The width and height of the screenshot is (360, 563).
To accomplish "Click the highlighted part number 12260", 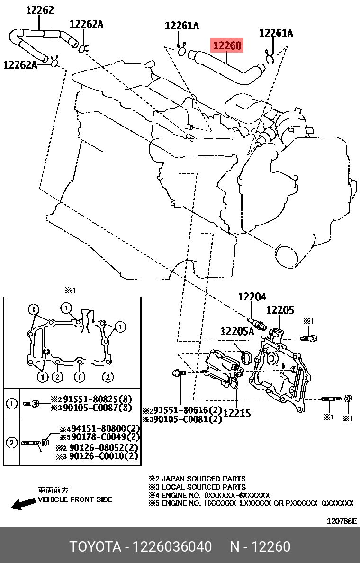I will click(x=227, y=46).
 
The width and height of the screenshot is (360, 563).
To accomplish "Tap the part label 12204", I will click(x=252, y=297).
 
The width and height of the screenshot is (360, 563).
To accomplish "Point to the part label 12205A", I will click(x=237, y=331).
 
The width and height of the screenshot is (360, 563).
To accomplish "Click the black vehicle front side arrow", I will click(x=22, y=504).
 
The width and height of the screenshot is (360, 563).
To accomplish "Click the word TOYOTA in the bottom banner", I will click(x=95, y=547).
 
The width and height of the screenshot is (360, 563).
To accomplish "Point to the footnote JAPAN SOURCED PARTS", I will click(x=204, y=479).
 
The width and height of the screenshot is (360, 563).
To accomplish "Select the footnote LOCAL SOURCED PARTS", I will click(x=204, y=487).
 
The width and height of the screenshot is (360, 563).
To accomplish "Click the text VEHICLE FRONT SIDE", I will click(x=75, y=499).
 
